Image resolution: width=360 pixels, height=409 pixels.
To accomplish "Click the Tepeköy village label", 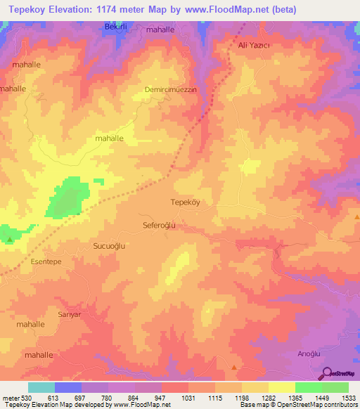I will pyautogui.click(x=186, y=202).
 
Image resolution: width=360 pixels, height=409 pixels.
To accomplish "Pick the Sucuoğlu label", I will pyautogui.click(x=109, y=246).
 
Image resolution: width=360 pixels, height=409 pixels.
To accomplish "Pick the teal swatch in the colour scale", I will pyautogui.click(x=41, y=387).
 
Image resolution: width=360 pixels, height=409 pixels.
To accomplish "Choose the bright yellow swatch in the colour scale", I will pyautogui.click(x=281, y=387).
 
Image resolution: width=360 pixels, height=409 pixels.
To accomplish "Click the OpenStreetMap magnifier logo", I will pyautogui.click(x=326, y=372).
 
